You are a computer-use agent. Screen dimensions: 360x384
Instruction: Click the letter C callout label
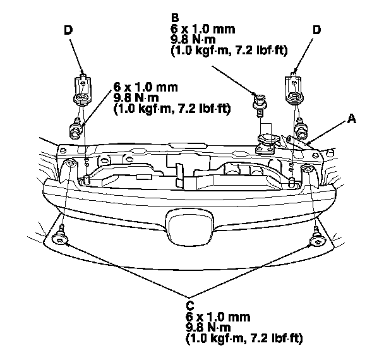point(190,303)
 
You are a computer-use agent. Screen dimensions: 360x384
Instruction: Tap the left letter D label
point(68,30)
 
